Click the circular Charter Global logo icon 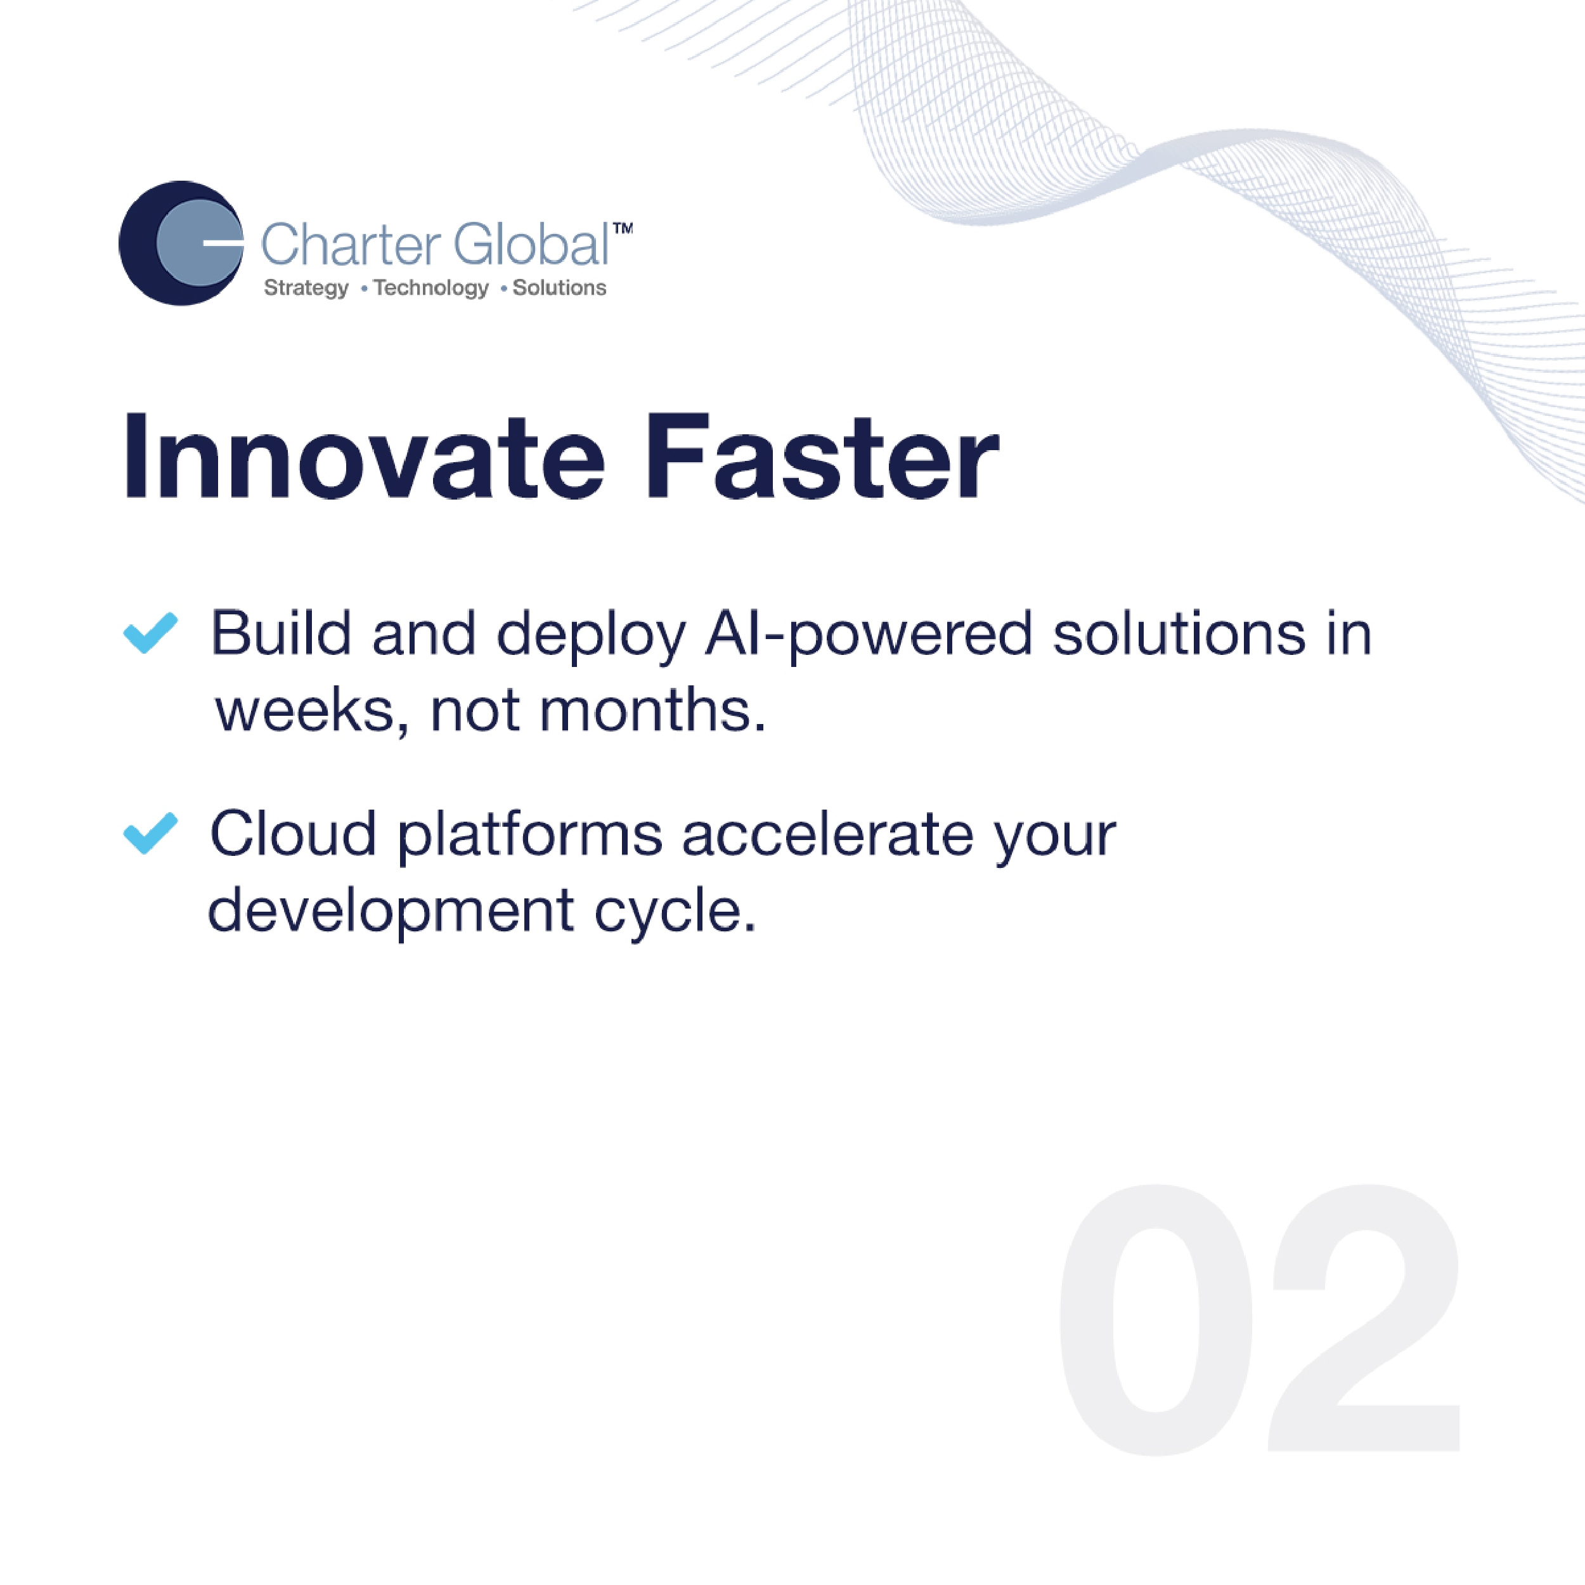click(181, 243)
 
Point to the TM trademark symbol click(623, 229)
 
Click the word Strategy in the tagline click(306, 288)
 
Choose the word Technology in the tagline click(430, 288)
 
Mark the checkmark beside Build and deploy click(150, 633)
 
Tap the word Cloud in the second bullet click(293, 834)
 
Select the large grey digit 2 click(1365, 1318)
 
